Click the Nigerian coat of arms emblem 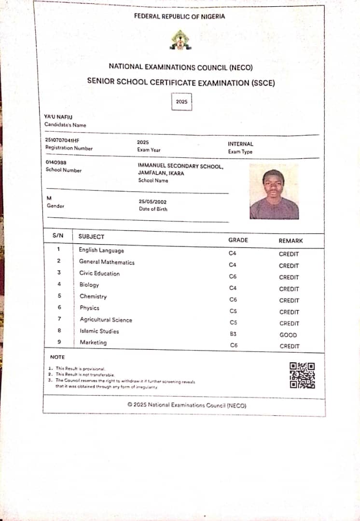point(180,40)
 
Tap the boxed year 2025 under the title point(181,102)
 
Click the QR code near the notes point(302,375)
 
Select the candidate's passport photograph point(274,192)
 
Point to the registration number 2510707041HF point(62,140)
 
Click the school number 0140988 point(56,163)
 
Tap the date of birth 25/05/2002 point(153,202)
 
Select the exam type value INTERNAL point(240,144)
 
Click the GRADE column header point(238,240)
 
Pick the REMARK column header point(291,240)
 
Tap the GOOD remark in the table point(288,335)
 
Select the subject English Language point(101,250)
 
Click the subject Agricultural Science point(106,320)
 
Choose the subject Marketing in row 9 point(93,343)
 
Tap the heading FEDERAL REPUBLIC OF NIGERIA point(180,16)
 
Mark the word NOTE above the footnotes point(57,357)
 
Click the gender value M point(49,198)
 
